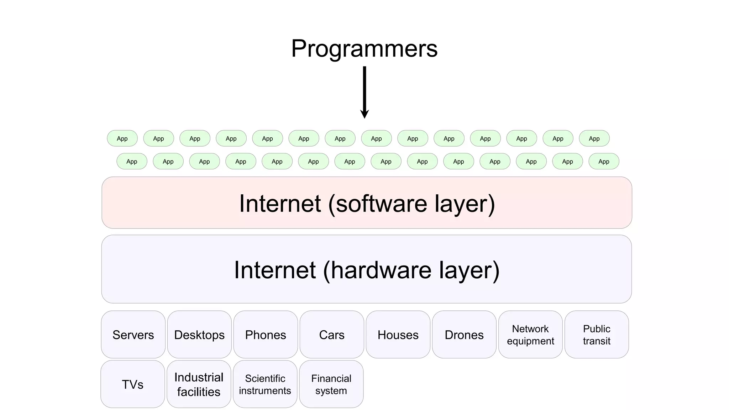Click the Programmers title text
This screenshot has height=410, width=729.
point(364,48)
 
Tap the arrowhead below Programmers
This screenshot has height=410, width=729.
point(364,114)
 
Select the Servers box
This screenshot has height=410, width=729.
point(133,335)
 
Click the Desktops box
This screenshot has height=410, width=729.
point(199,335)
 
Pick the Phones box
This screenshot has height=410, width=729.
point(266,335)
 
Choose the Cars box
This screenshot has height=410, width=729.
point(332,335)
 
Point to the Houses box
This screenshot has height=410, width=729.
point(398,335)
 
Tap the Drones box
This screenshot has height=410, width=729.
point(464,335)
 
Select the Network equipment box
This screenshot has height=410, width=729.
point(530,335)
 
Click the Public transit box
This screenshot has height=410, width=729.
point(597,335)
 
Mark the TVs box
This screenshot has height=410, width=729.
point(133,384)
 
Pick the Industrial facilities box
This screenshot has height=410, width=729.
point(199,384)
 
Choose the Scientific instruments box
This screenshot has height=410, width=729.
point(265,384)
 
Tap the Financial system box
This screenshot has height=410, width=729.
point(331,384)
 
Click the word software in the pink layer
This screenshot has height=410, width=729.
point(381,204)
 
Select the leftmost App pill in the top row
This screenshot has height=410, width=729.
point(122,138)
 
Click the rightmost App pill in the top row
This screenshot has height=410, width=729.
point(594,138)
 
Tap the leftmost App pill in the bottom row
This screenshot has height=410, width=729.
point(132,161)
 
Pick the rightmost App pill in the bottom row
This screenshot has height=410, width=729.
point(604,161)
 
